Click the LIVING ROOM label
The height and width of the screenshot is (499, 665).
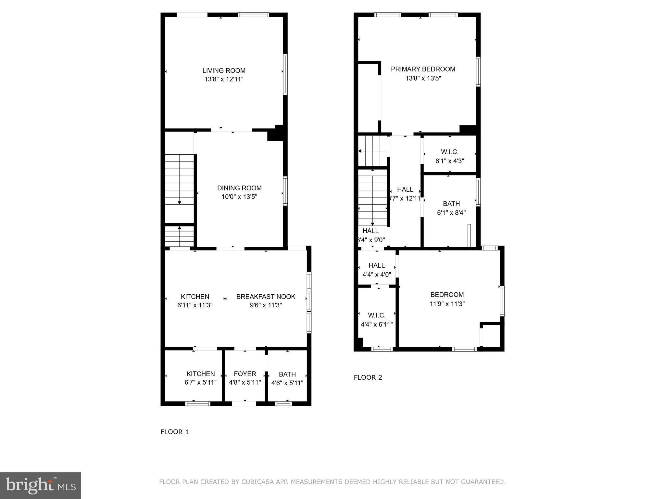[224, 70]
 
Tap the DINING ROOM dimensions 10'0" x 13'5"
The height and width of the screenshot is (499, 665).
[239, 197]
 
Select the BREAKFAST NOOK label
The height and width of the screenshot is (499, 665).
[266, 297]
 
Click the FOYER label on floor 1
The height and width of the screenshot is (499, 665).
[245, 374]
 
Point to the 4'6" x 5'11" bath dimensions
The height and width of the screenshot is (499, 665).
[287, 383]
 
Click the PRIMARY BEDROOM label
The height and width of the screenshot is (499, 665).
[423, 69]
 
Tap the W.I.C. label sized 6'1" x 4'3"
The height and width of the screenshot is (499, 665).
[449, 152]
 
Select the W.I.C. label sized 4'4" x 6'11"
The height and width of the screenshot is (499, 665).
[377, 315]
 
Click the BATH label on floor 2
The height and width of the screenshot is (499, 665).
[451, 204]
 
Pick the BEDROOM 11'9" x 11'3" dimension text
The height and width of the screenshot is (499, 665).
[447, 304]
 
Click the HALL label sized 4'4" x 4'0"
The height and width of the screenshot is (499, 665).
[377, 265]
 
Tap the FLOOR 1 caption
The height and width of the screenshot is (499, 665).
[174, 432]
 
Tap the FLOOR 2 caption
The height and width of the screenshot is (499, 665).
[368, 377]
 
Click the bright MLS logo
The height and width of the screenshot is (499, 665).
[41, 485]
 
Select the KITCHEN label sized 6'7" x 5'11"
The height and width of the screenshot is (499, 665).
[200, 374]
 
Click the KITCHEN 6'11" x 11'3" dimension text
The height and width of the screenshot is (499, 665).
[195, 305]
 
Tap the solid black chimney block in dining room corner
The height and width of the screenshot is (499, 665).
[275, 134]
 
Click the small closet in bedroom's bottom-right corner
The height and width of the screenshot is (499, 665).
[491, 336]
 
